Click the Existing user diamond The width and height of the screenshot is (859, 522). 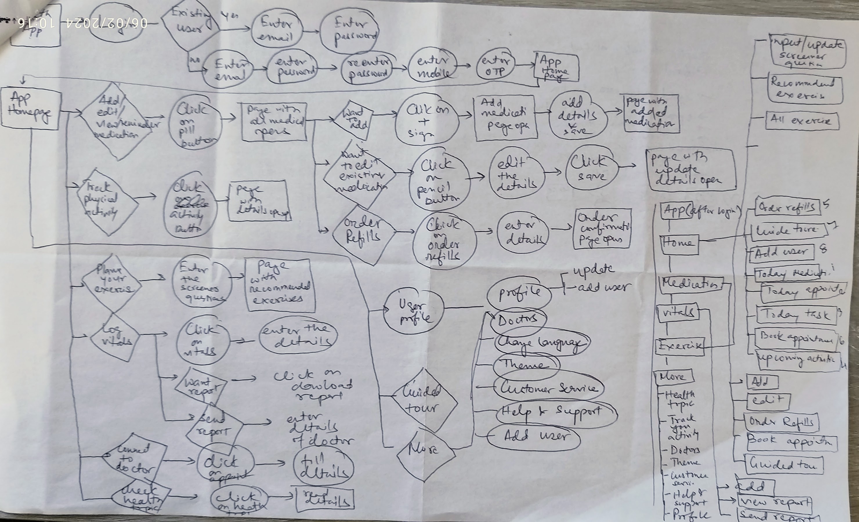pyautogui.click(x=190, y=24)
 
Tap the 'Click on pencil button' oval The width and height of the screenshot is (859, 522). pyautogui.click(x=439, y=180)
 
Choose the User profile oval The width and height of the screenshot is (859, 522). pyautogui.click(x=413, y=311)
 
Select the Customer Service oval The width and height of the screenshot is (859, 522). pyautogui.click(x=548, y=387)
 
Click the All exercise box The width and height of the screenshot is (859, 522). pyautogui.click(x=802, y=121)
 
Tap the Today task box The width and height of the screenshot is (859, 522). pyautogui.click(x=797, y=314)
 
